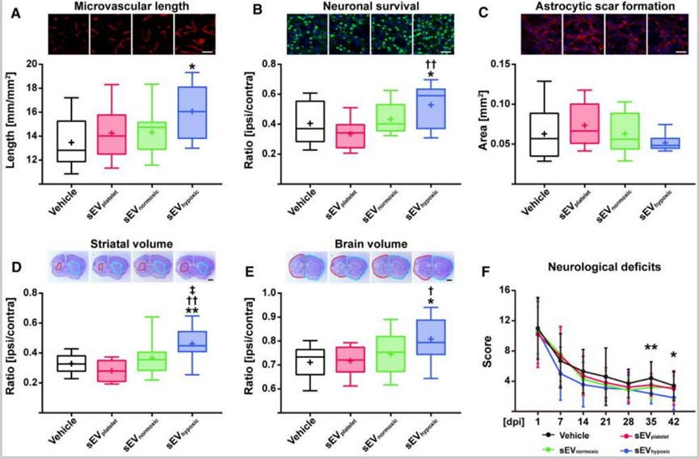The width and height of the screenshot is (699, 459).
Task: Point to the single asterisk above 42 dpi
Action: click(x=674, y=355)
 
